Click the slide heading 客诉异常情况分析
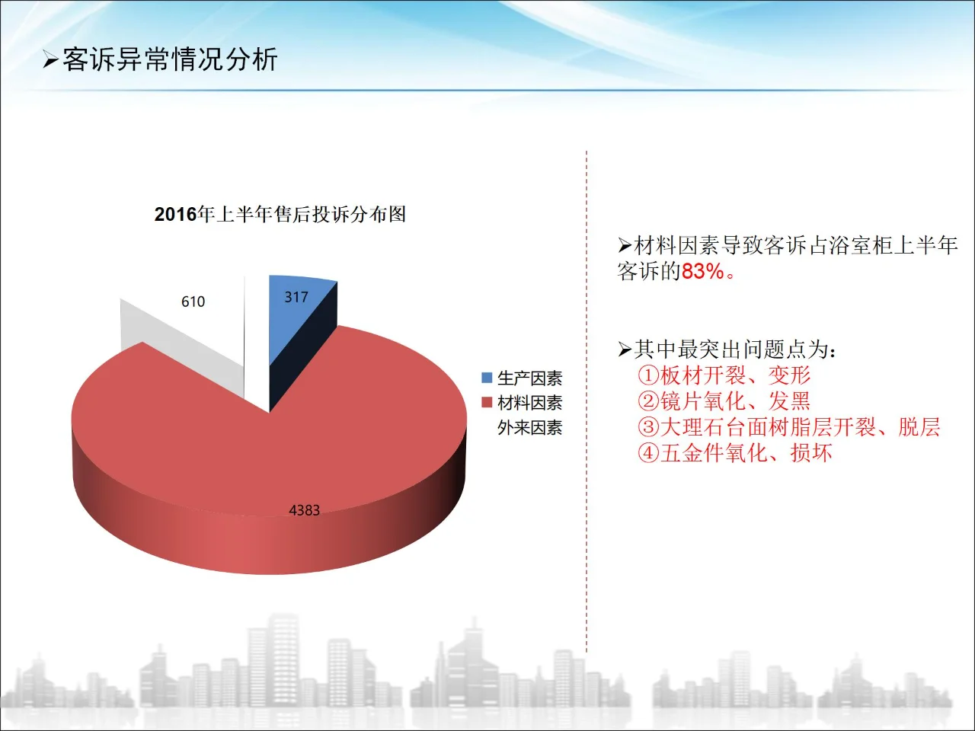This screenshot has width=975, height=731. click(170, 59)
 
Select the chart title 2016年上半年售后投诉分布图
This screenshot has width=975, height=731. click(280, 215)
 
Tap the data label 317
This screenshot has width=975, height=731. click(296, 297)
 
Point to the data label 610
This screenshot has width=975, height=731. click(193, 302)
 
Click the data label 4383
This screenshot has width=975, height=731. click(304, 510)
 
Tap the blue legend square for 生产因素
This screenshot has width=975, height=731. click(487, 378)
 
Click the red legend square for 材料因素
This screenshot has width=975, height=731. click(487, 402)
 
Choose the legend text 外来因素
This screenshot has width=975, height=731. click(529, 428)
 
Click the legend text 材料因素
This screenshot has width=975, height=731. click(529, 402)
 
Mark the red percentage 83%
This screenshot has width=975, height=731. click(702, 272)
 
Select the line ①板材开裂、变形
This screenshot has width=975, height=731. click(724, 375)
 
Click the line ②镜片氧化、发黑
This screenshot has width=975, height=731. click(724, 401)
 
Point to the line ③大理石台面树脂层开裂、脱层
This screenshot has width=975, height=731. click(788, 427)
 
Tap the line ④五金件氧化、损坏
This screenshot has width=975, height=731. click(734, 453)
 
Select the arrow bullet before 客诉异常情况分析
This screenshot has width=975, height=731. click(50, 60)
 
